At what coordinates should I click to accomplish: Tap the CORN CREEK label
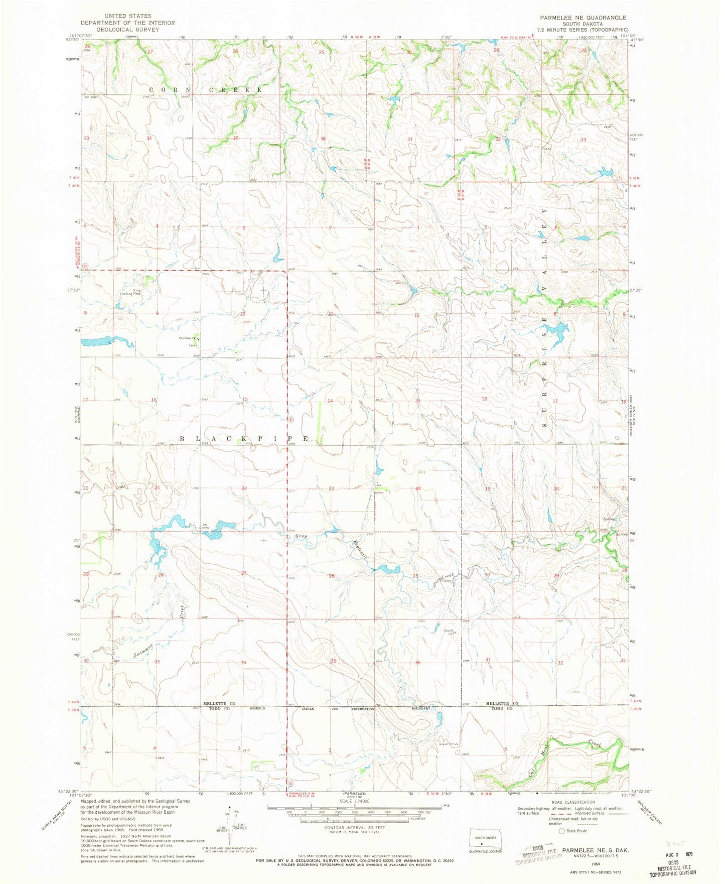(205, 89)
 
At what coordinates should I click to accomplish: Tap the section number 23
(332, 488)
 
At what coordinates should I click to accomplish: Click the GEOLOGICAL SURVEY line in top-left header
(127, 30)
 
